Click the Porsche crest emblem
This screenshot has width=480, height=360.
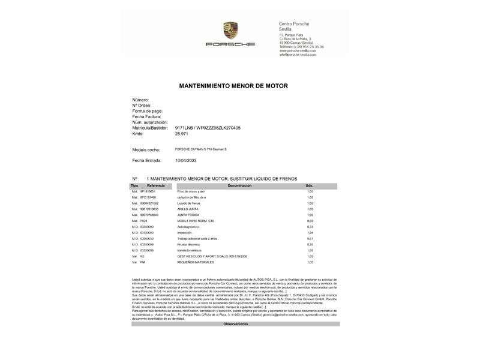[230, 31]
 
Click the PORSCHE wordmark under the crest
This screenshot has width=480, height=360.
[230, 44]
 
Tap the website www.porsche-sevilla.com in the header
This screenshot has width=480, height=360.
[298, 50]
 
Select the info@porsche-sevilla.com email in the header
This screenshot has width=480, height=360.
[298, 55]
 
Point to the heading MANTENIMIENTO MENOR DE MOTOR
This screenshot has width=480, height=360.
[233, 86]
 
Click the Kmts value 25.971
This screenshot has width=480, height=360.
[182, 134]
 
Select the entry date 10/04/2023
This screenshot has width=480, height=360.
[186, 161]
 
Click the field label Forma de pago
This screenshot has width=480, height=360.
[147, 111]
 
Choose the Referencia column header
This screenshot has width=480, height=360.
[155, 186]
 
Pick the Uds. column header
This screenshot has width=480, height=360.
[310, 186]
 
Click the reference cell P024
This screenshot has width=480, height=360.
[143, 221]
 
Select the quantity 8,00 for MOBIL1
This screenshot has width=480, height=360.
[310, 221]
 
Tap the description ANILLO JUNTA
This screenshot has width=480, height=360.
[187, 209]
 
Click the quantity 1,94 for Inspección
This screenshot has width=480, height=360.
[310, 232]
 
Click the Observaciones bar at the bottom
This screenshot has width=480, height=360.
[235, 324]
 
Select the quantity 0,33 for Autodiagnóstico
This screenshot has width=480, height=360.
[310, 227]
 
